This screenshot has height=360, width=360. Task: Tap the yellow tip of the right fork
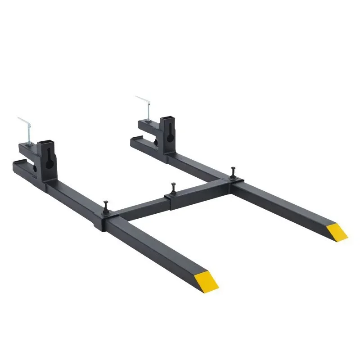pyautogui.click(x=337, y=231)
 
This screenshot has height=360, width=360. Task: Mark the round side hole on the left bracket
pyautogui.click(x=34, y=170)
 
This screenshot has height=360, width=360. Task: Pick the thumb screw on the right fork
pyautogui.click(x=233, y=171)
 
